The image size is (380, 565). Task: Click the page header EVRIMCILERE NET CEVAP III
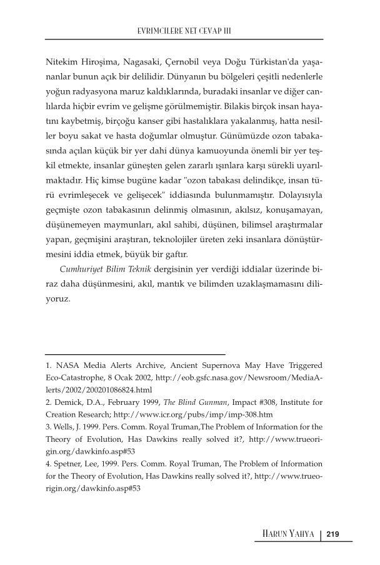pos(189,29)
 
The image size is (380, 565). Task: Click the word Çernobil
pos(194,63)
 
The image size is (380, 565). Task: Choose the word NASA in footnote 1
pos(69,364)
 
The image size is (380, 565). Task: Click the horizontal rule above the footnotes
pos(135,354)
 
